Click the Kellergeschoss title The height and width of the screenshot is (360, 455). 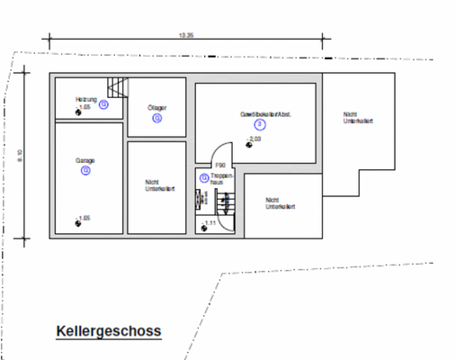(108, 331)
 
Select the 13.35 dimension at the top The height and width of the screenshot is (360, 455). (186, 35)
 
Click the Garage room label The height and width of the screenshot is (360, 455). (85, 160)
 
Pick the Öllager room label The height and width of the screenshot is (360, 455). (157, 107)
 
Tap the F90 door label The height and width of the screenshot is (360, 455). (219, 165)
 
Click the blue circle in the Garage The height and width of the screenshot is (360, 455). (85, 169)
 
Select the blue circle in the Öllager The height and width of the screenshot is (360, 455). (157, 117)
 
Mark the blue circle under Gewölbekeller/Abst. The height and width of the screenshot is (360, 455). (258, 125)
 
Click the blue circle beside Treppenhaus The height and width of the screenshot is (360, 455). (205, 177)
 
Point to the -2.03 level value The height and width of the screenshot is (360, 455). (255, 139)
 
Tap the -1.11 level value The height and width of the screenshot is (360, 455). (211, 222)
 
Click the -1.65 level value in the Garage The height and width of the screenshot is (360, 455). (84, 219)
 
